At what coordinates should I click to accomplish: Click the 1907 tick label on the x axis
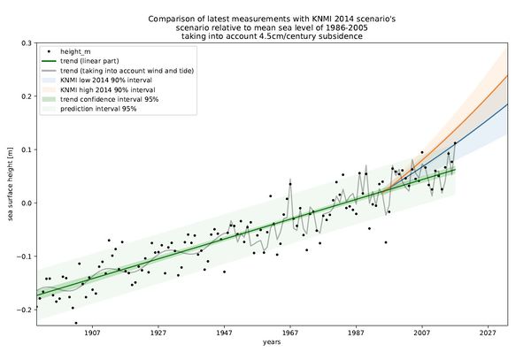click(x=92, y=333)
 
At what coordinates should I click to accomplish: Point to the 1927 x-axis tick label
click(x=158, y=333)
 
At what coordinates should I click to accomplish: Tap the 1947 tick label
click(x=224, y=333)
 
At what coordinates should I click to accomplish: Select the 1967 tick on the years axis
click(x=290, y=333)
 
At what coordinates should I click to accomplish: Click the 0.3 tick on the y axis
click(x=25, y=43)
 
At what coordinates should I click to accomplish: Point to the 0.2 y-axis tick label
click(x=25, y=96)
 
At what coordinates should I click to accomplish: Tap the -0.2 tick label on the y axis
click(x=23, y=310)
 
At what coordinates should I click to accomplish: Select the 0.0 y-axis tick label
click(x=25, y=203)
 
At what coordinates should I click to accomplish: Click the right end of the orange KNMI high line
click(x=507, y=76)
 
